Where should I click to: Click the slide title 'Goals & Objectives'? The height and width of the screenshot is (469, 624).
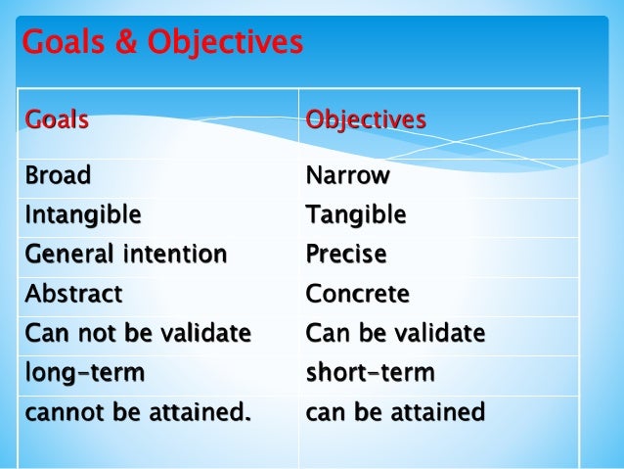click(162, 43)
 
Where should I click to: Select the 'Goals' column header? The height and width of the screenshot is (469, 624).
click(57, 120)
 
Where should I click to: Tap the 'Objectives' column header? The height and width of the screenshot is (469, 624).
click(366, 120)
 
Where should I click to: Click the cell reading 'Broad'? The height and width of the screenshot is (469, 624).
click(58, 176)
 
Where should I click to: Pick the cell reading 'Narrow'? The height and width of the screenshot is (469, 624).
click(347, 176)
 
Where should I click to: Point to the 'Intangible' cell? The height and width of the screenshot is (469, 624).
click(83, 214)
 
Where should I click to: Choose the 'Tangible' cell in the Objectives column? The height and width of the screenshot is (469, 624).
click(355, 214)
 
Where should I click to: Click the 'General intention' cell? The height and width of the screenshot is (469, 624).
click(126, 255)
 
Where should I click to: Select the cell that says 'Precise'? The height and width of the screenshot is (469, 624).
click(345, 255)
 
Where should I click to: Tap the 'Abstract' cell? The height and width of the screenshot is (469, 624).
click(74, 294)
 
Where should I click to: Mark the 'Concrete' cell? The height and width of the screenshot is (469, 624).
click(357, 294)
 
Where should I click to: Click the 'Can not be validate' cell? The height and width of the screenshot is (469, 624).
click(138, 334)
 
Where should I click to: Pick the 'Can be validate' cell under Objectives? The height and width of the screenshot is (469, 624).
click(395, 334)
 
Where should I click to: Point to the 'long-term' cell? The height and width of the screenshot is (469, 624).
click(85, 373)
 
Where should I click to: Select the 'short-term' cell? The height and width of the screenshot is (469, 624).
click(370, 373)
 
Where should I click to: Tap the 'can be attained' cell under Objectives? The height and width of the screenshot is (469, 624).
click(395, 412)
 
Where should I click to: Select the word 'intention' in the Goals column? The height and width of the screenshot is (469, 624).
click(178, 255)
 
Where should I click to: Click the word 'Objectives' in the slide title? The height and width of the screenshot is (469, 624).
click(224, 43)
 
